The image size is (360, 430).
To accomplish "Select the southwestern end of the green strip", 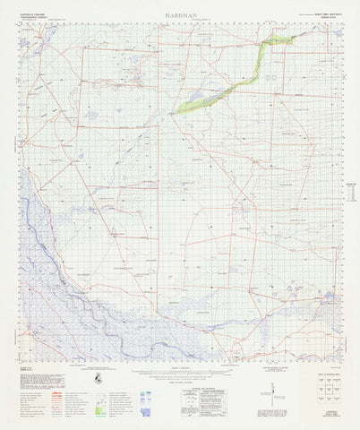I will click(x=179, y=109).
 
